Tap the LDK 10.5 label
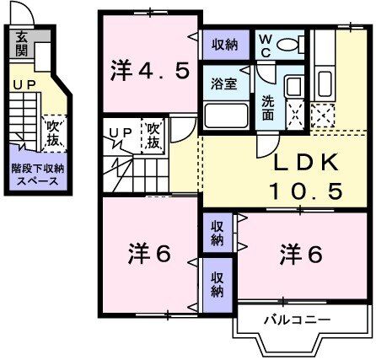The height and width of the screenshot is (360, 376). tap(305, 176)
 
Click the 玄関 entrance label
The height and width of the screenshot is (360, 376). tap(21, 41)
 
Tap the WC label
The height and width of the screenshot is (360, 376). tap(265, 43)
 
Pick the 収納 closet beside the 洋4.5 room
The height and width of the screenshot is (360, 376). tap(224, 44)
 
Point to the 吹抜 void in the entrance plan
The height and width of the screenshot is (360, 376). tap(51, 131)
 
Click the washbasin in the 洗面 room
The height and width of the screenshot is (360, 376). tap(293, 88)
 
